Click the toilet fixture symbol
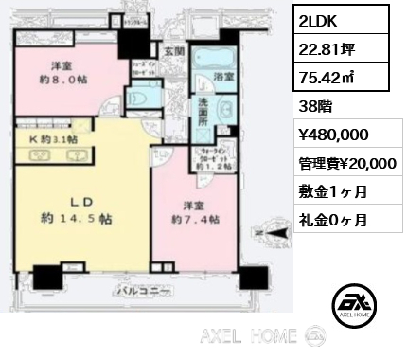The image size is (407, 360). pos(139,98)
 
